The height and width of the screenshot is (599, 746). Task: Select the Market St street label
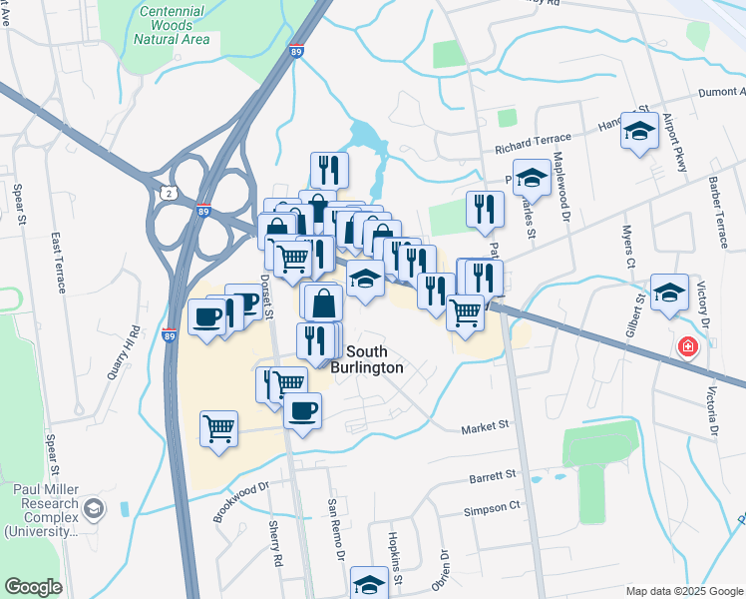pos(485,426)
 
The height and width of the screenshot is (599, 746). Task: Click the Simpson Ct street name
pos(492,507)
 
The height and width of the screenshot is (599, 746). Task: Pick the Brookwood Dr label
pos(241,502)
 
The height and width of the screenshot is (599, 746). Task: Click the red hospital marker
pos(687,347)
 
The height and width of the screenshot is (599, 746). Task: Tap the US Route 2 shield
pos(166,191)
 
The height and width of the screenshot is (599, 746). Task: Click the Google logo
pos(33,587)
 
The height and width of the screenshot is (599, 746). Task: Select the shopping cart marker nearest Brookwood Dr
pos(218,428)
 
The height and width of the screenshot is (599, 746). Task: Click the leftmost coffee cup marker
pos(206,316)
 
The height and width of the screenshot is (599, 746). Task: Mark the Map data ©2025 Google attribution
pos(682,591)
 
